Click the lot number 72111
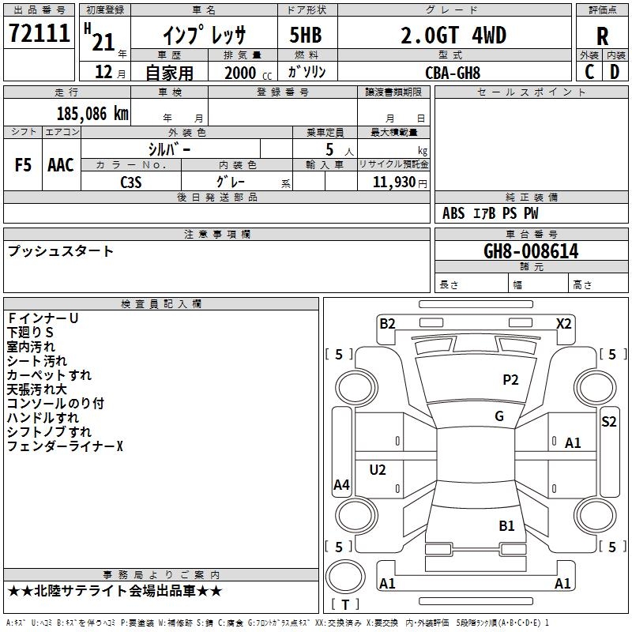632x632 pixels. [39, 33]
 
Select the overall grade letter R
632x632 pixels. [602, 36]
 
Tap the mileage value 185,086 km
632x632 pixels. [92, 114]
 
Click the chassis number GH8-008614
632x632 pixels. [531, 251]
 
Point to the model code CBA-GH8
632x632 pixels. [453, 73]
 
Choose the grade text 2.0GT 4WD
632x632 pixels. [453, 36]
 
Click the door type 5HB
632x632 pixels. [306, 35]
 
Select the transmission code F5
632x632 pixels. [23, 165]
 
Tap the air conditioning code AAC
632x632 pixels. [61, 165]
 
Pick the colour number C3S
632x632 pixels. [131, 182]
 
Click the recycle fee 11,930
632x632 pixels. [394, 182]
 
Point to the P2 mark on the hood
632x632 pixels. [510, 379]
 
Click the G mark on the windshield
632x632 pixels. [499, 416]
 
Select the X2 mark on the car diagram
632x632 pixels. [563, 324]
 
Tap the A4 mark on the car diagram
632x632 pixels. [341, 484]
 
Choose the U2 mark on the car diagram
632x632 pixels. [378, 469]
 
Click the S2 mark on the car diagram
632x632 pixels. [608, 422]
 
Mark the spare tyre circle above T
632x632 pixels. [345, 577]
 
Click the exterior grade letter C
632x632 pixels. [589, 72]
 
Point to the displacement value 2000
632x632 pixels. [240, 73]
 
